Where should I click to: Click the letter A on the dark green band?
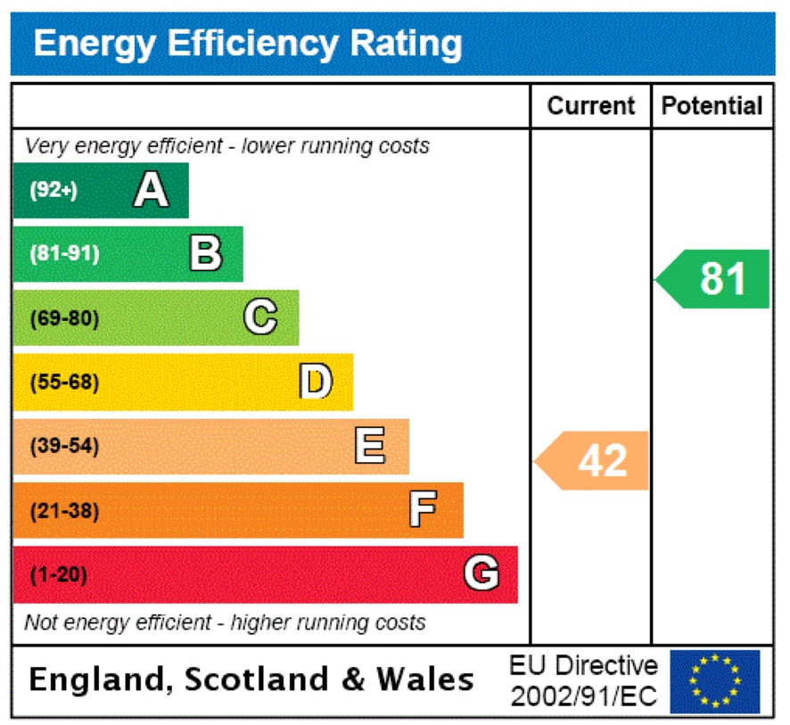pos(152,190)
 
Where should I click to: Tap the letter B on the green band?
pos(206,253)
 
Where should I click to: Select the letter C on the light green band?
pos(260,317)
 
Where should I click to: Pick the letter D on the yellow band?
pos(316,382)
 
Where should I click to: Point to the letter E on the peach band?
pos(370,446)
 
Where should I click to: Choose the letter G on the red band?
pos(481,574)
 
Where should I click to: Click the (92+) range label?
pos(53,190)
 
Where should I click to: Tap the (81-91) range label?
pos(64,254)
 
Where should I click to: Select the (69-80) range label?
pos(64,318)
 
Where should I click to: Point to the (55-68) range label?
pos(64,383)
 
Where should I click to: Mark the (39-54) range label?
pos(64,447)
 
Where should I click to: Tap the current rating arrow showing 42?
pos(594,461)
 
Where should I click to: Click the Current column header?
pos(590,106)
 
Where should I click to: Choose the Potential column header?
pos(712,106)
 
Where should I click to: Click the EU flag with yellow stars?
pos(715,681)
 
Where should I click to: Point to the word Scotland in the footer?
pos(256,680)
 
